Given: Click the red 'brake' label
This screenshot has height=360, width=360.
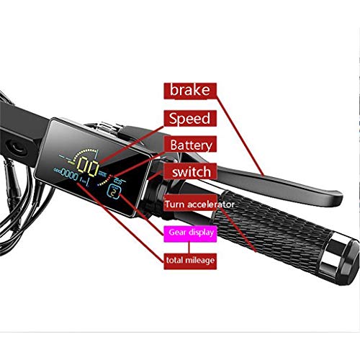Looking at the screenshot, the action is (x=190, y=91).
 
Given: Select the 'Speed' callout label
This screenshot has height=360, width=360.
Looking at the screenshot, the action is (x=190, y=118).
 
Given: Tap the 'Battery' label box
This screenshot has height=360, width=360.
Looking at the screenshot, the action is (x=190, y=145).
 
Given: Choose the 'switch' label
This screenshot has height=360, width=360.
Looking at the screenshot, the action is (x=190, y=171).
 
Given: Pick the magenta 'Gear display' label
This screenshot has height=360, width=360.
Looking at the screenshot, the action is (x=190, y=233).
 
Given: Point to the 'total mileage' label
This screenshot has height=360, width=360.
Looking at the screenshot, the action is (x=190, y=261).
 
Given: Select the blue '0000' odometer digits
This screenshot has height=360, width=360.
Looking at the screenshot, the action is (x=70, y=174).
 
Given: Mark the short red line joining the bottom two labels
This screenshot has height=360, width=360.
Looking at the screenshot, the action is (x=189, y=248).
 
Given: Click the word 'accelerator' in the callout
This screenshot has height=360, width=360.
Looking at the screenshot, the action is (x=211, y=204).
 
